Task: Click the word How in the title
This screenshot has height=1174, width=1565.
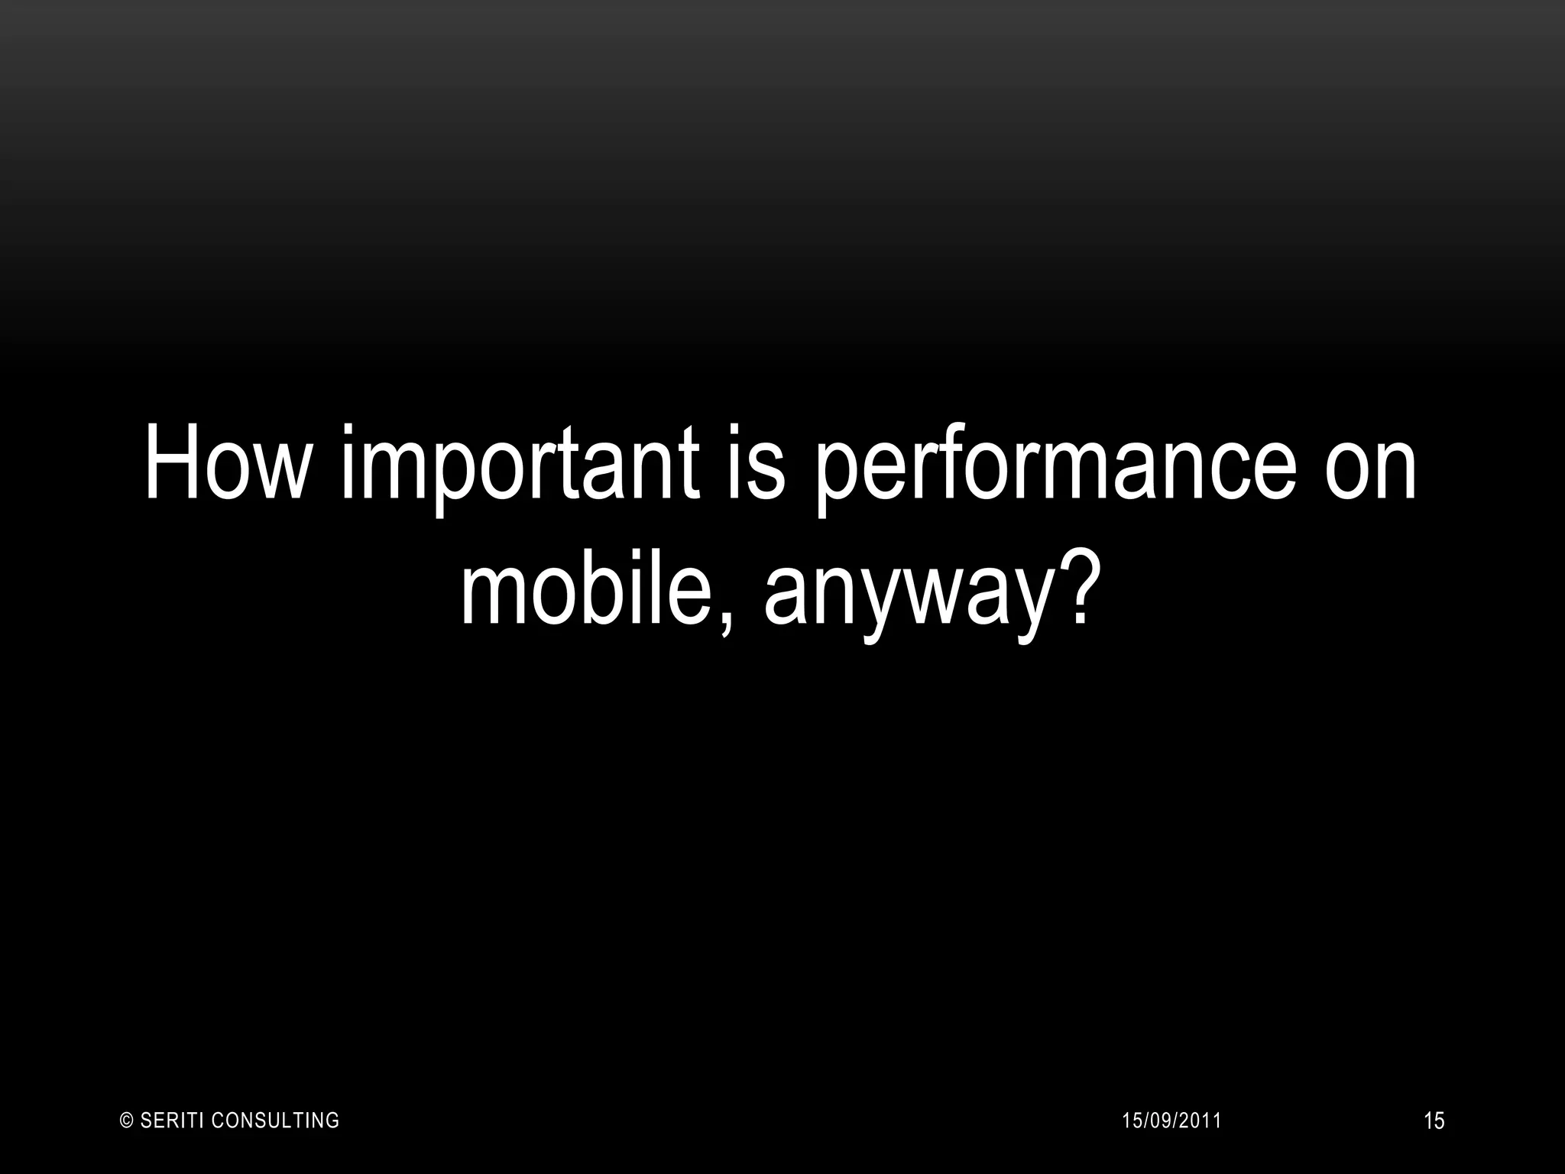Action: pos(223,463)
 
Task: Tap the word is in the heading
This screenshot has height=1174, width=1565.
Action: pos(757,463)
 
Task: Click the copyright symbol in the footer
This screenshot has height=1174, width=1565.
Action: pos(128,1121)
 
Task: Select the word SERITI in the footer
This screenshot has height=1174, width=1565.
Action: pos(172,1121)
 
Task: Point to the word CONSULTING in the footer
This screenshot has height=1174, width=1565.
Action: pos(275,1121)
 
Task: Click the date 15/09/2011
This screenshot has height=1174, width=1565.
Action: pos(1171,1121)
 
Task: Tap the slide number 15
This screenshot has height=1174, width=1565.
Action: pos(1434,1122)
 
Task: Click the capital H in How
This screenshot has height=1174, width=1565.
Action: pos(173,463)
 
